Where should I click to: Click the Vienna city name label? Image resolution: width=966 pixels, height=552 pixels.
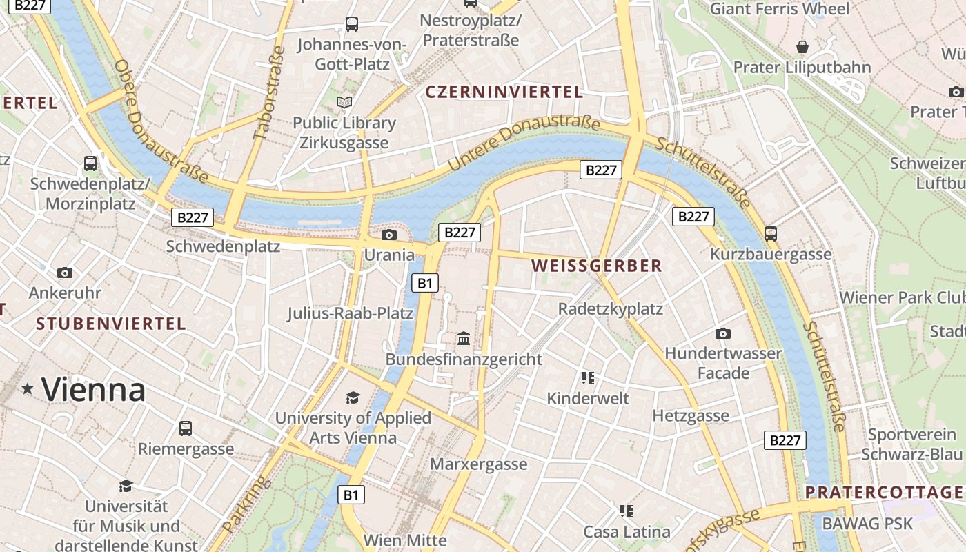[93, 390]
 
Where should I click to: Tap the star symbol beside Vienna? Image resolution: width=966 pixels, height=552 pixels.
[28, 389]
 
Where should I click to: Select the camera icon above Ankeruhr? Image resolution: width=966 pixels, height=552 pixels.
[65, 273]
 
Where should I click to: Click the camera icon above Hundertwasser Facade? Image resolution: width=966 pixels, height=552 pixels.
[722, 333]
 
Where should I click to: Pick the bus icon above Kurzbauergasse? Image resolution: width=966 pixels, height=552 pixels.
[771, 234]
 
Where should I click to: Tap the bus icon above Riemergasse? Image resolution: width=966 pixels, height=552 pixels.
[186, 428]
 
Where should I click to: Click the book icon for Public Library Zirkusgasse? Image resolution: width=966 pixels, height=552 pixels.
[344, 103]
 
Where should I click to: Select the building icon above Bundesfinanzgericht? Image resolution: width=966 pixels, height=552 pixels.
[464, 339]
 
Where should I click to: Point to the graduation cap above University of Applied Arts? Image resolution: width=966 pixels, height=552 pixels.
[353, 397]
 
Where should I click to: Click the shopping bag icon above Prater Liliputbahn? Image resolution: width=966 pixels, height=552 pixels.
[802, 47]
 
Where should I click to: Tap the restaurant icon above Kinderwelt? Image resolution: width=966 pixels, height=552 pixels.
[588, 377]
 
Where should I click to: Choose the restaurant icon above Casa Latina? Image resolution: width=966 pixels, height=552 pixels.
[627, 511]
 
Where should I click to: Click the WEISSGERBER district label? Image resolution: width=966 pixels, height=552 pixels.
[597, 266]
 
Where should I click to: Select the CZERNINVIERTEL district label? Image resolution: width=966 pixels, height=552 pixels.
[504, 92]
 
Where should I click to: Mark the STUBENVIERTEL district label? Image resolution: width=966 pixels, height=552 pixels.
[111, 324]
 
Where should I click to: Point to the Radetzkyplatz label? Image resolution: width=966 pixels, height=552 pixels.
[610, 308]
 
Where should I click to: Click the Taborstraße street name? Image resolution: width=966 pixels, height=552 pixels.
[268, 93]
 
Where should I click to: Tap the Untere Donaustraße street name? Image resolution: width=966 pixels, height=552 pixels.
[524, 143]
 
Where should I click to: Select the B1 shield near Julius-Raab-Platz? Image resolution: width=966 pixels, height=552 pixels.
[425, 282]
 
